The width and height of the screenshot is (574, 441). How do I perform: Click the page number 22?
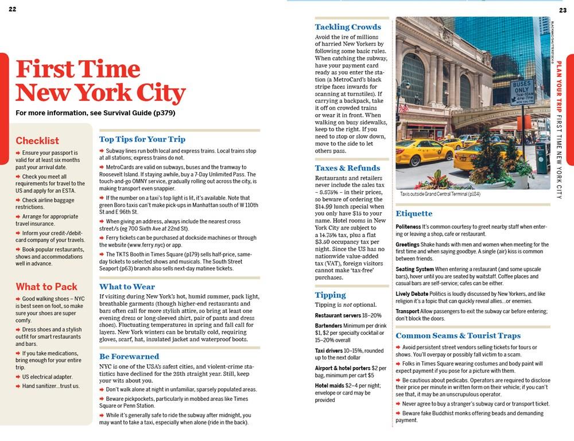click(13, 9)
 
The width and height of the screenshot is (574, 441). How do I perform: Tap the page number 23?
click(563, 10)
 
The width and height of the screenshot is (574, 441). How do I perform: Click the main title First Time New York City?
click(100, 81)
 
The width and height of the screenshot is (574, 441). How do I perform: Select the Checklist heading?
click(37, 141)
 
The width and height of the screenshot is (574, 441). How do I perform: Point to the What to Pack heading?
click(46, 287)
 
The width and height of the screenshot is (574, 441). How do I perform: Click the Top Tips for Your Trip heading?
click(142, 139)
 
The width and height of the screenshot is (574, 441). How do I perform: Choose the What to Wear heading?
click(127, 287)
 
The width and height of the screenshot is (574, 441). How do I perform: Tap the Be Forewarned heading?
click(129, 356)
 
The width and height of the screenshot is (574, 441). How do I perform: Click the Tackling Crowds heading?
click(348, 27)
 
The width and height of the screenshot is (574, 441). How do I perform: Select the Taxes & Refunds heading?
click(347, 168)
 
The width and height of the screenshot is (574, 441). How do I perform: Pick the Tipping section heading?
click(330, 295)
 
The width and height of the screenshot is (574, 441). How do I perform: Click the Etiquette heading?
click(414, 214)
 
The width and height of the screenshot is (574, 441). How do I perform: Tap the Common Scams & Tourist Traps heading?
click(458, 335)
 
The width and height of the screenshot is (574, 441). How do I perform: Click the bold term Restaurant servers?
click(338, 315)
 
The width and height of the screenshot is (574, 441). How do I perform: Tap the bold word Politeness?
click(408, 227)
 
